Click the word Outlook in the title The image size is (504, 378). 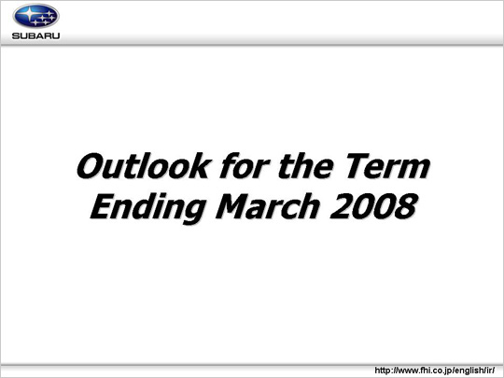pos(144,165)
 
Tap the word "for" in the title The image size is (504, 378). pos(245,165)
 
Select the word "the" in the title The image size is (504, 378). pos(305,165)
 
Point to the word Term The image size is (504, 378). pos(387,166)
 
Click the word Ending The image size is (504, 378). pos(148,208)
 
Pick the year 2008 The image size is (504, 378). pos(373,206)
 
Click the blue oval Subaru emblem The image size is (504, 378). pos(36,16)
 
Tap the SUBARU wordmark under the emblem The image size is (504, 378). pos(36,35)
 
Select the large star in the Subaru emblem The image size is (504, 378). pos(29,13)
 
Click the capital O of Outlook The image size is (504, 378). pos(90,166)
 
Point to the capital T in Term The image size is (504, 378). pos(357,166)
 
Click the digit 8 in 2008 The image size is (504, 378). pos(406,206)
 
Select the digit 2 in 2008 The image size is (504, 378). pos(341,206)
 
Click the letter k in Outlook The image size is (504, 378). pos(202,166)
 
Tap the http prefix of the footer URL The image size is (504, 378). pos(382,371)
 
